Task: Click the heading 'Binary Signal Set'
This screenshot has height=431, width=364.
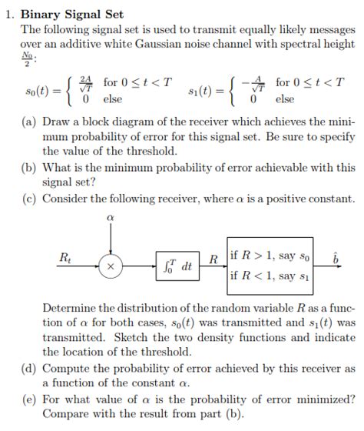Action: click(x=71, y=15)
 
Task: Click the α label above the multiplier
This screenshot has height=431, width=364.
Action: click(x=112, y=218)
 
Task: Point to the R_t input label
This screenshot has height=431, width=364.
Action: click(x=66, y=256)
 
